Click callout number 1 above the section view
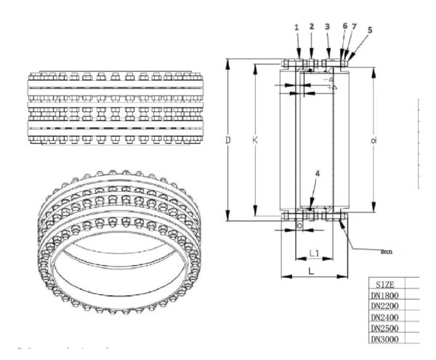click(x=296, y=27)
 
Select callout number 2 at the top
click(x=311, y=26)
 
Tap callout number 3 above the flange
click(x=328, y=26)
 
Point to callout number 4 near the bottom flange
click(x=318, y=172)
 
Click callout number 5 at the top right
click(x=370, y=30)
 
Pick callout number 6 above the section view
click(x=344, y=26)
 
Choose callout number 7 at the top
click(x=354, y=26)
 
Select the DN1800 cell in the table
click(x=385, y=295)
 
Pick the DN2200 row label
click(x=385, y=306)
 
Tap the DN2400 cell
click(x=385, y=317)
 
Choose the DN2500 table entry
click(x=385, y=328)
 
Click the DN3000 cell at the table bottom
click(x=385, y=339)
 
